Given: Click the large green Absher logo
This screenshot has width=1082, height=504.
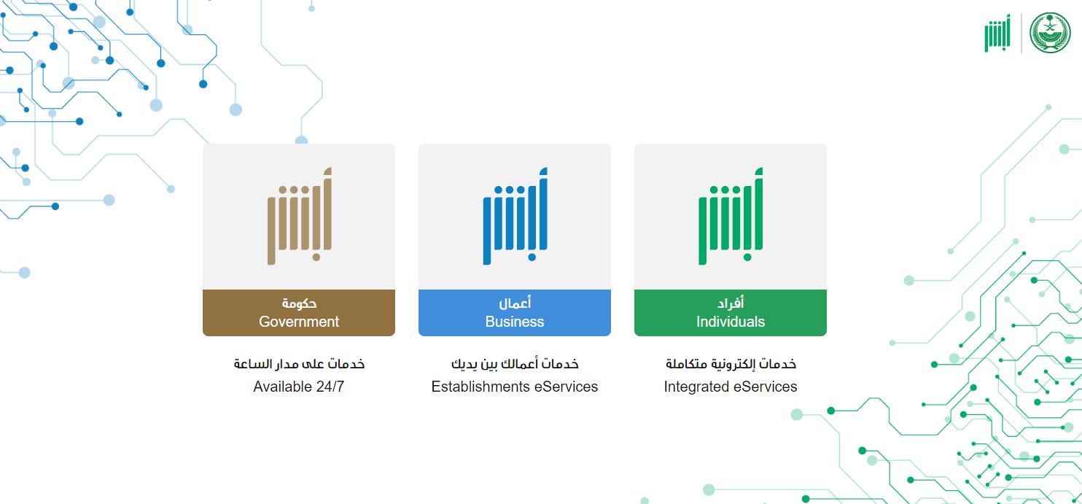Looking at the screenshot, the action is [x=731, y=216].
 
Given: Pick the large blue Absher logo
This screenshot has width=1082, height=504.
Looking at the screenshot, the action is [x=515, y=216].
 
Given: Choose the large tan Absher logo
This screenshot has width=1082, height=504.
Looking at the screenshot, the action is [x=300, y=216].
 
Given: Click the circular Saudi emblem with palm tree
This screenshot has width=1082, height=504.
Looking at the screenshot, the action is [x=1050, y=33].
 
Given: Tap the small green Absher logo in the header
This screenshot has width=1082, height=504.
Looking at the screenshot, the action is [x=997, y=33].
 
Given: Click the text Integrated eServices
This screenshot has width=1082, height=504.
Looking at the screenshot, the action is [x=731, y=387].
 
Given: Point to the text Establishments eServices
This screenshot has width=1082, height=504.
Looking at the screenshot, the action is [x=515, y=387].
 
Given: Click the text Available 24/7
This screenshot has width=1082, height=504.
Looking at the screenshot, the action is [x=298, y=387].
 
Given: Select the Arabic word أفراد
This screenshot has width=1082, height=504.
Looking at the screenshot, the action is [x=731, y=303].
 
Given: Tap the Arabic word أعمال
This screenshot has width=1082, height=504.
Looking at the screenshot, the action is [x=515, y=303].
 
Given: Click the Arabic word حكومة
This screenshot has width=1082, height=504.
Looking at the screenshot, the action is [x=299, y=303].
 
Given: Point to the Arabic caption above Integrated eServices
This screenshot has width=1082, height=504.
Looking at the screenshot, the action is [x=731, y=363].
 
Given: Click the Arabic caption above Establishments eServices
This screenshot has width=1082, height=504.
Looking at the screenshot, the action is [x=515, y=364].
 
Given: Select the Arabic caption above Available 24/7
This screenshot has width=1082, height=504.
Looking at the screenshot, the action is [x=299, y=363].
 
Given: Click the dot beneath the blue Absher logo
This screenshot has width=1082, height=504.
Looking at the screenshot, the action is [x=532, y=257].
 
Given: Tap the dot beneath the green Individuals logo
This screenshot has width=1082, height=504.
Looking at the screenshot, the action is [x=747, y=257].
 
